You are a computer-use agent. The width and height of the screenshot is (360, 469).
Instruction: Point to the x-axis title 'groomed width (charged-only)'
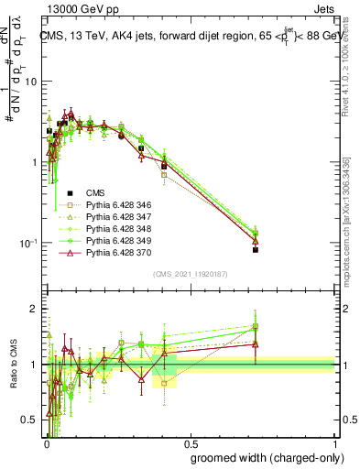262,457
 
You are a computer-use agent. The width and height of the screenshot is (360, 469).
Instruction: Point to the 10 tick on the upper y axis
33,82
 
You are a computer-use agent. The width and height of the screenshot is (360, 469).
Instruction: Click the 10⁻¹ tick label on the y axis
29,243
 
